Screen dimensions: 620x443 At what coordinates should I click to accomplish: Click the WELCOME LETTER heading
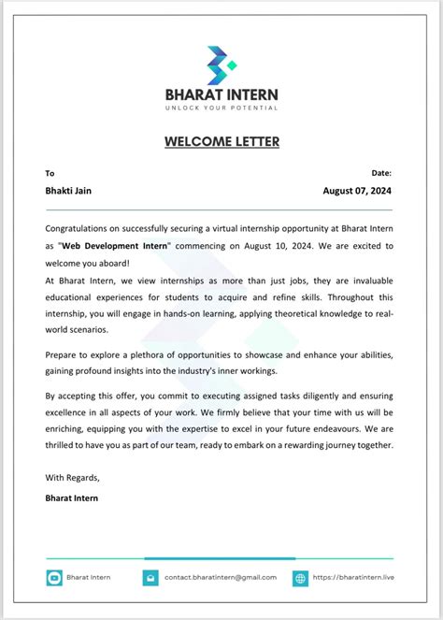(221, 142)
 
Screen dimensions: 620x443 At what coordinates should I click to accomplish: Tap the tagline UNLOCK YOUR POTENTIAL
(221, 108)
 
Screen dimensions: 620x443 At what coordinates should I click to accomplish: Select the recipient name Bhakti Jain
(68, 191)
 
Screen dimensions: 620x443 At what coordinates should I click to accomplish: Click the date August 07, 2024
(358, 191)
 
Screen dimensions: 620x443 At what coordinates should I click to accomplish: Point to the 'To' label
(50, 173)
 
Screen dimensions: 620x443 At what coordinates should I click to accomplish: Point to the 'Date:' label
(381, 173)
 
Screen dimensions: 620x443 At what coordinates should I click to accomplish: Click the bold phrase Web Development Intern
(115, 246)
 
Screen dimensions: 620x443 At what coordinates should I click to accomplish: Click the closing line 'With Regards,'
(72, 478)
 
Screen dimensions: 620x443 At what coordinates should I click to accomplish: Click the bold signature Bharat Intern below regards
(72, 497)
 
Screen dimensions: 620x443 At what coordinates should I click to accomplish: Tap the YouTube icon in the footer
(54, 578)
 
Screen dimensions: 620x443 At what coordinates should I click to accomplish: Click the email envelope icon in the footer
(150, 578)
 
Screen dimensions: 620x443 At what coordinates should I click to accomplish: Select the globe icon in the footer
(300, 578)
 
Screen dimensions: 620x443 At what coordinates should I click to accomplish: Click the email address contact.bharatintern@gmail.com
(221, 578)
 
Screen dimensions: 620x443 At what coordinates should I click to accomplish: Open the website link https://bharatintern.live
(354, 578)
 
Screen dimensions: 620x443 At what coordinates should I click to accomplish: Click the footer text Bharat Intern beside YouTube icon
(89, 578)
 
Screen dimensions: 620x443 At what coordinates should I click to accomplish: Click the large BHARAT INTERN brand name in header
(221, 94)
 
